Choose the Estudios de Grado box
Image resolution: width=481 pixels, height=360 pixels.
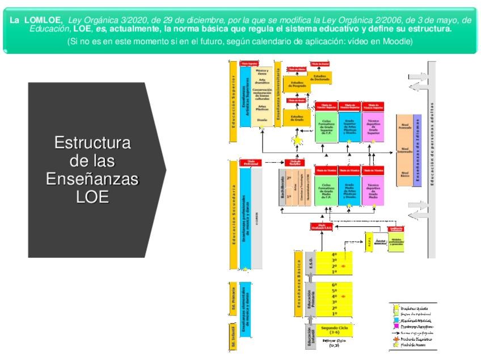coord(297,118)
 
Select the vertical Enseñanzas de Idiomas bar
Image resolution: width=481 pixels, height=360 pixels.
coord(417,150)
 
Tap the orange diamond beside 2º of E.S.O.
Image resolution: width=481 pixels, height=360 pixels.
coord(343,266)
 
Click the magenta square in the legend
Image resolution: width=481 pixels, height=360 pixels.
coord(396,327)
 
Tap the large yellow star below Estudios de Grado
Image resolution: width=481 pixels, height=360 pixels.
coord(296,140)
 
